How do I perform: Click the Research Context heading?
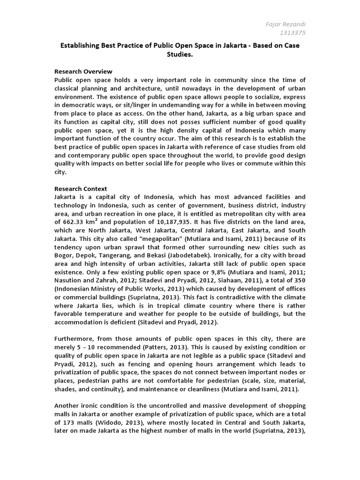pyautogui.click(x=81, y=188)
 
